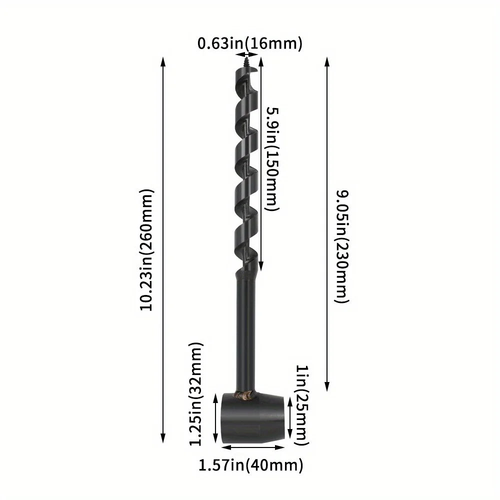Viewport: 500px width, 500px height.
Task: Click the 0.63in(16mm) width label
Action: click(x=250, y=44)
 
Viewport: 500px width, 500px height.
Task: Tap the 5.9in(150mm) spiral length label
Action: click(x=272, y=159)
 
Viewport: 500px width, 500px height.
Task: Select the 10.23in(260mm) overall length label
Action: click(x=147, y=249)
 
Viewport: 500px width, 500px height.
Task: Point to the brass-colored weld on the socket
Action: click(x=246, y=396)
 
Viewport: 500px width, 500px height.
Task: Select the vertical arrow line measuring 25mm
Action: click(x=290, y=417)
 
